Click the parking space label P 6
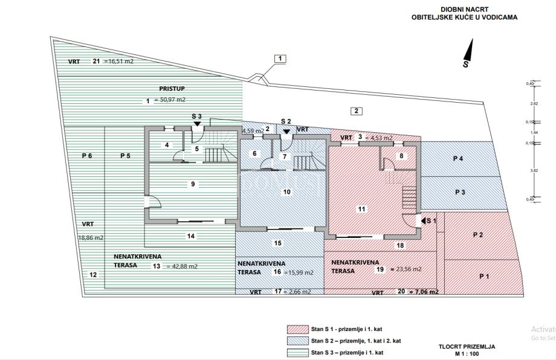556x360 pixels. pos(87,156)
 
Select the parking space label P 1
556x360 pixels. pos(484,276)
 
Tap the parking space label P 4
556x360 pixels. pos(458,159)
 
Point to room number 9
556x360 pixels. pos(192,184)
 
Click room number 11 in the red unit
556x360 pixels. pos(361,209)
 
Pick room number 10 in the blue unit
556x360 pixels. pos(287,192)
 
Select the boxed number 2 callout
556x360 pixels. pos(357,111)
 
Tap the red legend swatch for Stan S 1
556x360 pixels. pos(297,329)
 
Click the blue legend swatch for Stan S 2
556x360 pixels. pos(297,341)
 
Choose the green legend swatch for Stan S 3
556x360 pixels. pos(297,352)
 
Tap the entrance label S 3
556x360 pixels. pos(196,116)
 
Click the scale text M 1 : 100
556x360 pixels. pos(467,354)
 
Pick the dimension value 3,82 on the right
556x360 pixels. pos(534,171)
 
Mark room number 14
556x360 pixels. pos(190,236)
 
